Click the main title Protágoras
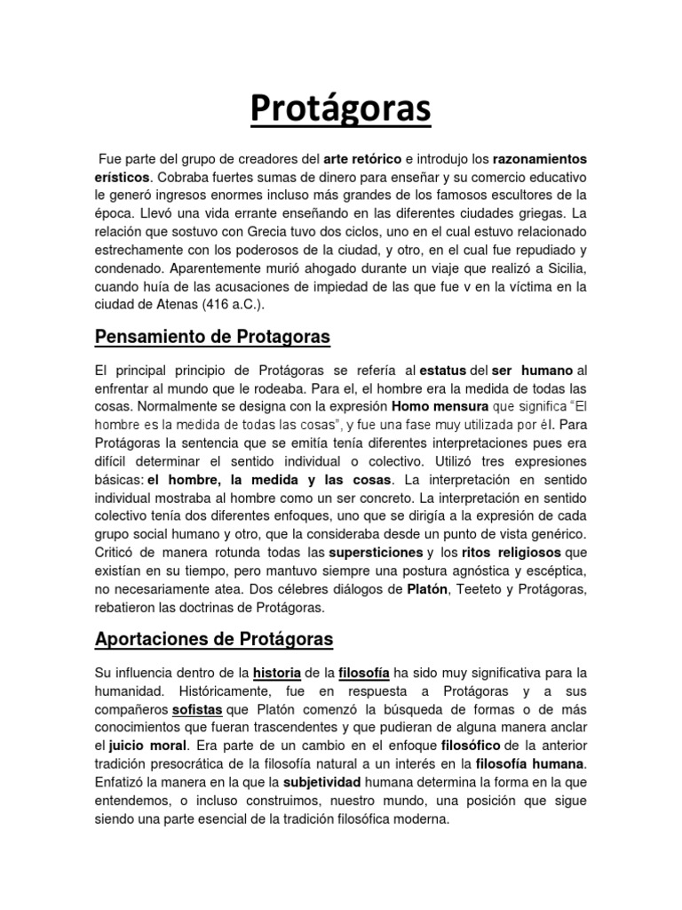340,109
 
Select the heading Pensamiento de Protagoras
211,337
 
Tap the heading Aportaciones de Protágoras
213,639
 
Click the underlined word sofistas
198,709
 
